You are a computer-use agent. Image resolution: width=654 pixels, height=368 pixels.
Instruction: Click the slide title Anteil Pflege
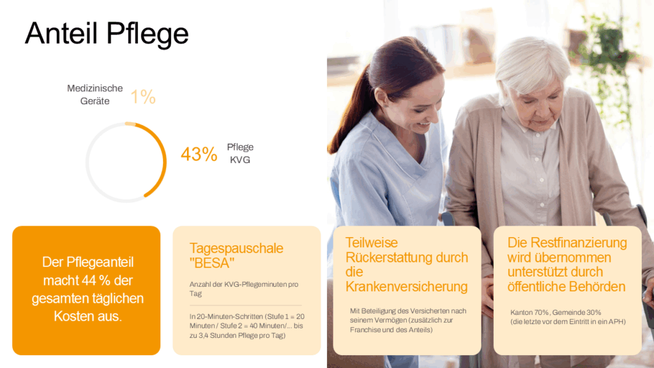coord(107,33)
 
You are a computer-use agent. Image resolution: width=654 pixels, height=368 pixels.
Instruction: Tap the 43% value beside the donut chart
coord(199,154)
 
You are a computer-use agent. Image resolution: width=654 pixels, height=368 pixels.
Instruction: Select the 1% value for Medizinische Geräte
coord(143,97)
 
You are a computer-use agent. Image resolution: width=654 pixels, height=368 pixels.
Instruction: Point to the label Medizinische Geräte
coord(95,95)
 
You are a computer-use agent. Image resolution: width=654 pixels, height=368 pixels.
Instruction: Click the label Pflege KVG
coord(240,153)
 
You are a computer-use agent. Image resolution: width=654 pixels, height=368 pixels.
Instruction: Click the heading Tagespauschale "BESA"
coord(236,256)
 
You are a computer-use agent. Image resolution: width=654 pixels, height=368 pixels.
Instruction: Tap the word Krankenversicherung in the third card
coord(407,287)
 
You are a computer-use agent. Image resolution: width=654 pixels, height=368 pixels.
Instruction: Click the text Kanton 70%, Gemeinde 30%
coord(556,312)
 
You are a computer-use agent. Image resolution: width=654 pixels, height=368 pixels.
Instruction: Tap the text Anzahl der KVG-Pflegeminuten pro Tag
coord(243,289)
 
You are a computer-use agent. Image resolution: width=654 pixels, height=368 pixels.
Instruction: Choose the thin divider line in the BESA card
coord(245,305)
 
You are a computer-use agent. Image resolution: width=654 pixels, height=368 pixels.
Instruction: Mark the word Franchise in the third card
coord(365,330)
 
